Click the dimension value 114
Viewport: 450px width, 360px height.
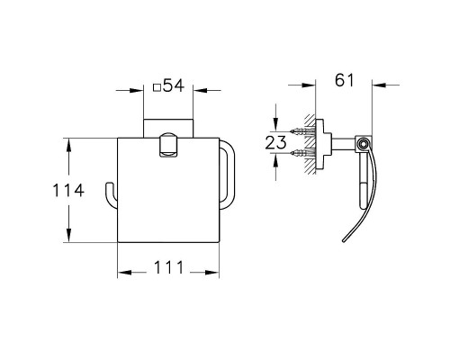tap(68, 190)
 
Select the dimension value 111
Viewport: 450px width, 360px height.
tap(168, 267)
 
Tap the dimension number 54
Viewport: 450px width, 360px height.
tap(174, 85)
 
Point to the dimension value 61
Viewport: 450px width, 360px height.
tap(345, 80)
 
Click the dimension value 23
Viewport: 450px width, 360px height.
tap(276, 142)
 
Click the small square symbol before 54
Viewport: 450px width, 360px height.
tap(157, 87)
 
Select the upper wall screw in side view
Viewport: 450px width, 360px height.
tap(302, 131)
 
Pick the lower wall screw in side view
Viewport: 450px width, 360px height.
tap(302, 153)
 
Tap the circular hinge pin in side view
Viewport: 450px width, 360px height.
tap(364, 143)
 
